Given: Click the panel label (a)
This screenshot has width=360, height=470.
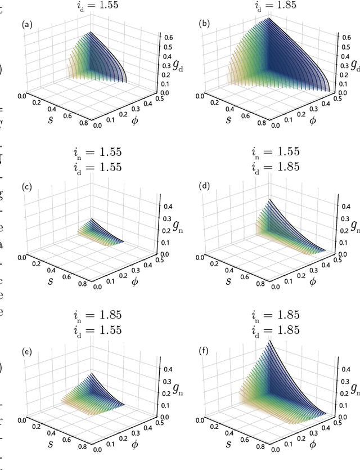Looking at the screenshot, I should tap(26, 25).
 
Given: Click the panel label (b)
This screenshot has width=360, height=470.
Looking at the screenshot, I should tap(205, 25).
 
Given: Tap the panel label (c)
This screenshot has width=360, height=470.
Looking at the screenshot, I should tap(26, 187).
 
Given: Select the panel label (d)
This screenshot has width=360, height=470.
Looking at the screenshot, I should tap(205, 187).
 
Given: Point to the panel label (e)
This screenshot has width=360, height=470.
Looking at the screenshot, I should tap(26, 352).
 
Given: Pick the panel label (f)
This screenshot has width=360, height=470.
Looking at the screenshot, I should tap(205, 352).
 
